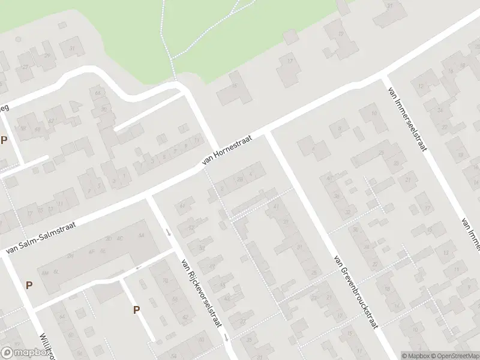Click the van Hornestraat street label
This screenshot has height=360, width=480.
tap(226, 149)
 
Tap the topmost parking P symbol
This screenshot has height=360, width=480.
tap(4, 140)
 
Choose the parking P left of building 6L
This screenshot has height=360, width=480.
tap(29, 285)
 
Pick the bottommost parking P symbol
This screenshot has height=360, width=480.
tap(136, 310)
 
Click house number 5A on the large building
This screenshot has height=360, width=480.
tap(141, 235)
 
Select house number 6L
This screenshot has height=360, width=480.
tap(56, 271)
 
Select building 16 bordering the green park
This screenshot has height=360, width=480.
tap(235, 88)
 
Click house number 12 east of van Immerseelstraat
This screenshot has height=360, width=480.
tap(421, 86)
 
